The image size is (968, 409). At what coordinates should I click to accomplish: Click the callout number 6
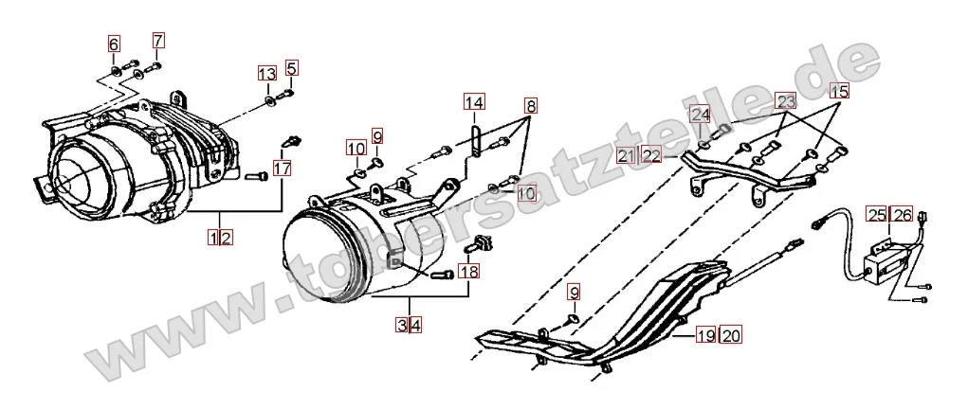click(114, 44)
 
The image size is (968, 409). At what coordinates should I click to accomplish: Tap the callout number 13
click(267, 74)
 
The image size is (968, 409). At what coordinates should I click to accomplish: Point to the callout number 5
click(290, 67)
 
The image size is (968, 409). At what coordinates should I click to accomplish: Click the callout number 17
click(283, 169)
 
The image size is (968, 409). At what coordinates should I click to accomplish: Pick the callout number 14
click(474, 101)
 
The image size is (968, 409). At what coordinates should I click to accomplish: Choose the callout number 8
click(530, 105)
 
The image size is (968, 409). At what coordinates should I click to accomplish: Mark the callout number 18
click(468, 272)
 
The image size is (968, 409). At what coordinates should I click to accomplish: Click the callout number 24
click(700, 116)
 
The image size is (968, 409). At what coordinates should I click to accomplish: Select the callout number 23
click(786, 101)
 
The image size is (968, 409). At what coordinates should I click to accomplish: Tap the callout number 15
click(839, 92)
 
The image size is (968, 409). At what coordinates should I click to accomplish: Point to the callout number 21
click(626, 156)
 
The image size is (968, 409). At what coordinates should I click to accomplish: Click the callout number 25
click(876, 216)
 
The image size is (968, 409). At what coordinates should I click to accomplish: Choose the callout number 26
click(901, 216)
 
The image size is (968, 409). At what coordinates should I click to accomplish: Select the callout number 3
click(403, 326)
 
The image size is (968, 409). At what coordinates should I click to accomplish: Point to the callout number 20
click(730, 333)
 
